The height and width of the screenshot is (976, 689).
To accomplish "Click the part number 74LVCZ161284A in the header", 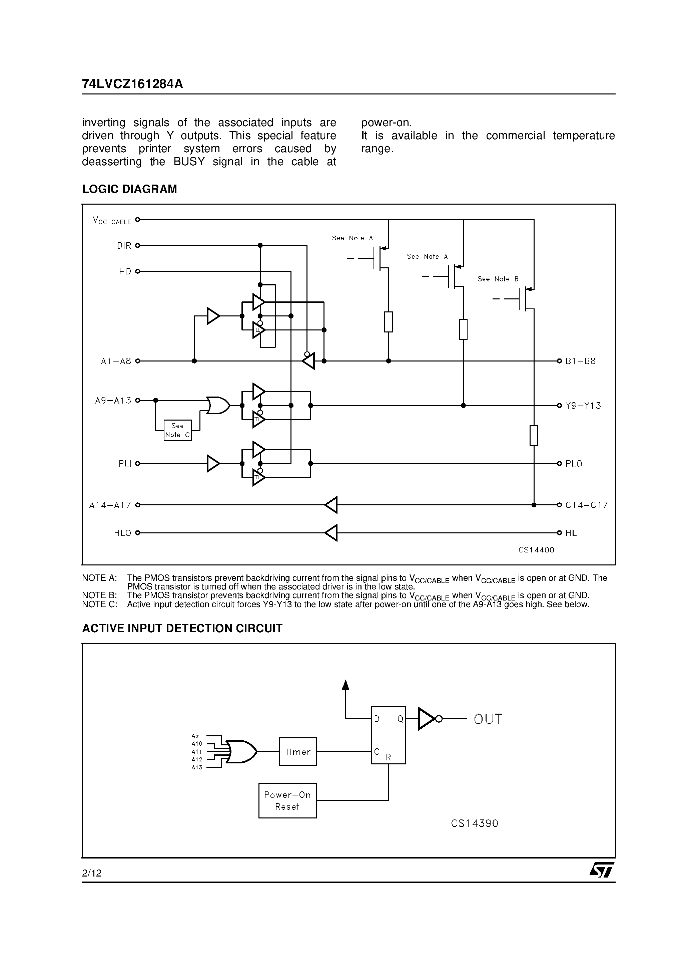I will (132, 84).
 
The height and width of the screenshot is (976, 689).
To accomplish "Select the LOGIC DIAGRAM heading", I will (129, 189).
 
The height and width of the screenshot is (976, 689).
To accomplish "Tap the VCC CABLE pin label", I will (112, 221).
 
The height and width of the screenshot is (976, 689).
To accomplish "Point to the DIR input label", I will (124, 246).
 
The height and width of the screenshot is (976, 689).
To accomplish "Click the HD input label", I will (125, 271).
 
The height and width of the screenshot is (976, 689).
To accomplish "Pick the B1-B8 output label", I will (580, 361).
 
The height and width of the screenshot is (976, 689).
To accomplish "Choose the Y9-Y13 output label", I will (583, 406).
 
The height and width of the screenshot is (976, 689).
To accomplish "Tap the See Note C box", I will (177, 430).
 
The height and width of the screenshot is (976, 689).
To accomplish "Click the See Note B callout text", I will (498, 279).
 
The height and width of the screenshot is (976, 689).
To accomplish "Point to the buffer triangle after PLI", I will (213, 463).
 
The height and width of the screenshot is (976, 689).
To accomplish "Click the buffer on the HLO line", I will (331, 533).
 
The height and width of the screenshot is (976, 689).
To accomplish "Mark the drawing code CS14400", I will (536, 550).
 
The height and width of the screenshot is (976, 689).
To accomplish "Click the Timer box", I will (297, 752).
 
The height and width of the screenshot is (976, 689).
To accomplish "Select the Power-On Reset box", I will (287, 801).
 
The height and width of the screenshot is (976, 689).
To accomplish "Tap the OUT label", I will (488, 719).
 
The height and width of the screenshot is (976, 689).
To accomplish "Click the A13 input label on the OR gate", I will (197, 768).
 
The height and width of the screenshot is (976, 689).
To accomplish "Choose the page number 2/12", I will (92, 874).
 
